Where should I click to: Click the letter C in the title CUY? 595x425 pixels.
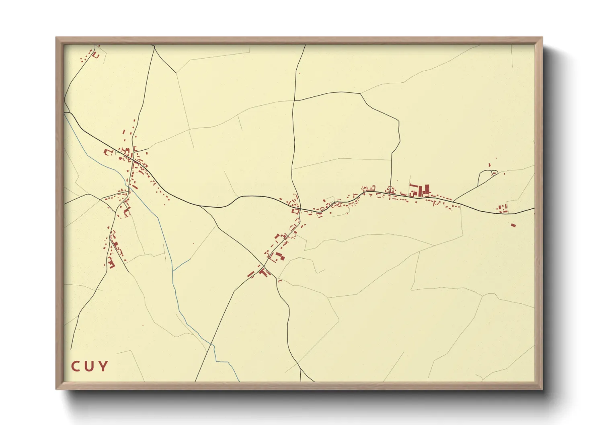(x=76, y=366)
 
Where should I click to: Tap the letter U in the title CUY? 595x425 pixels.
(x=89, y=366)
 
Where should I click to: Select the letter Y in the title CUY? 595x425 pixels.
(x=103, y=366)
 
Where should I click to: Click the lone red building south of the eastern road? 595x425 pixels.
(x=513, y=225)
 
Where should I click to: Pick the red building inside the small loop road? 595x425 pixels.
(x=493, y=174)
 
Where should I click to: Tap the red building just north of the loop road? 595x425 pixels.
(x=489, y=164)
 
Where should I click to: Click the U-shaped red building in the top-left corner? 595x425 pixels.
(x=96, y=55)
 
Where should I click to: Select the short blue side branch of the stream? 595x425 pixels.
(x=182, y=265)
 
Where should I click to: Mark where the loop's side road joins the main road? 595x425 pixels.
(x=453, y=200)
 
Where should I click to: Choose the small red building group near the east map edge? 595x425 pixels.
(x=502, y=208)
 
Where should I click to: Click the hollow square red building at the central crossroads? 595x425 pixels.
(x=296, y=210)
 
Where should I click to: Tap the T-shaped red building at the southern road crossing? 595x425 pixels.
(x=264, y=272)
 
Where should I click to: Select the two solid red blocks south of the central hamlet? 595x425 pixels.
(x=278, y=256)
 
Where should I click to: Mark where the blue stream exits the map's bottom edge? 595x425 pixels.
(x=239, y=381)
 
